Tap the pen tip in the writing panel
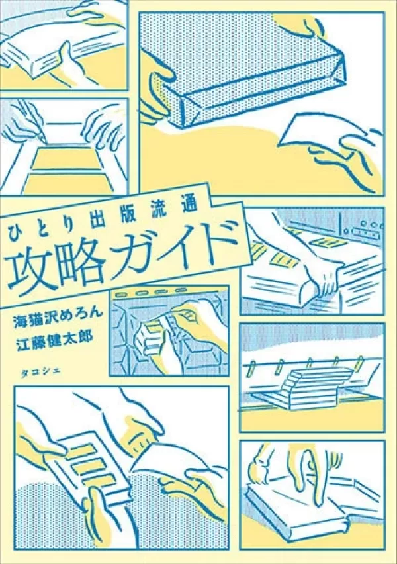tap(44, 139)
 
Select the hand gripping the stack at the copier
tap(326, 284)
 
